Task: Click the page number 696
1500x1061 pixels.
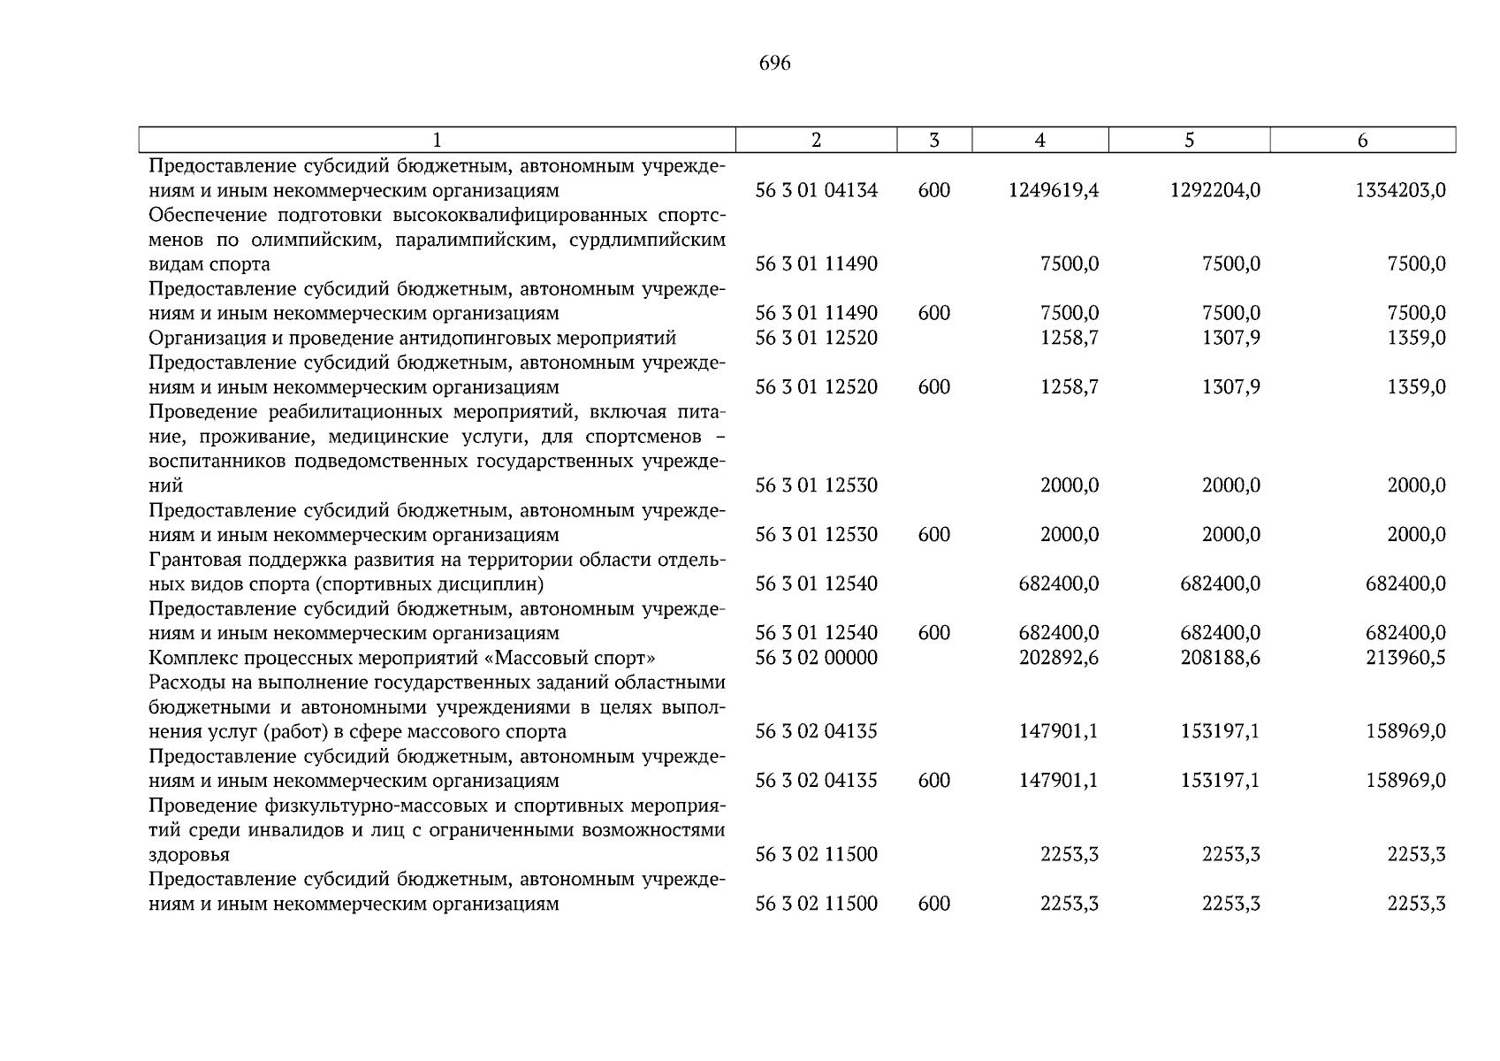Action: pos(774,64)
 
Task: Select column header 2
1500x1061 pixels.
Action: pos(816,140)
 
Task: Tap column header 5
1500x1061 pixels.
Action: pos(1189,140)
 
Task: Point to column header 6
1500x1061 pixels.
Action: pos(1362,140)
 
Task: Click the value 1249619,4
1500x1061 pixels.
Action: pos(1053,190)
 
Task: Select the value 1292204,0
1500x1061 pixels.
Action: pos(1215,190)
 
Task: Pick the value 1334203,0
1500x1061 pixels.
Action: pos(1400,190)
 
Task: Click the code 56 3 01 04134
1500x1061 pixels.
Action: pos(816,190)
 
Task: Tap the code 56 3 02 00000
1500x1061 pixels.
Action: pos(816,658)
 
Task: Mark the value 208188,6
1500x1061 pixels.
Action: pos(1220,658)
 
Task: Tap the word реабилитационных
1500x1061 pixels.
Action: pos(354,412)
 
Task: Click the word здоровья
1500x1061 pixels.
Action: pos(189,855)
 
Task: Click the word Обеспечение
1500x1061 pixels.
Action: pos(207,215)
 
